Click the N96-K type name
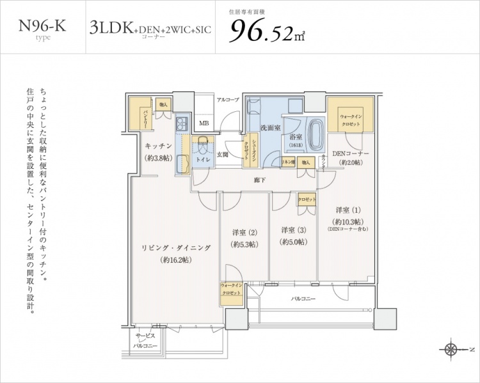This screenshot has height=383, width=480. pyautogui.click(x=43, y=26)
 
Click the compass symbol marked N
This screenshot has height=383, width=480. pyautogui.click(x=452, y=349)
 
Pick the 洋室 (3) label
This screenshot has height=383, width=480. pyautogui.click(x=292, y=231)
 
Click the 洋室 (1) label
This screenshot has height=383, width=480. pyautogui.click(x=348, y=210)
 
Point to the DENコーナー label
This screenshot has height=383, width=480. pyautogui.click(x=351, y=153)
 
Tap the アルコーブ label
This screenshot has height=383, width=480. pyautogui.click(x=227, y=100)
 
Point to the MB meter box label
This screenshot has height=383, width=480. pyautogui.click(x=204, y=123)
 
